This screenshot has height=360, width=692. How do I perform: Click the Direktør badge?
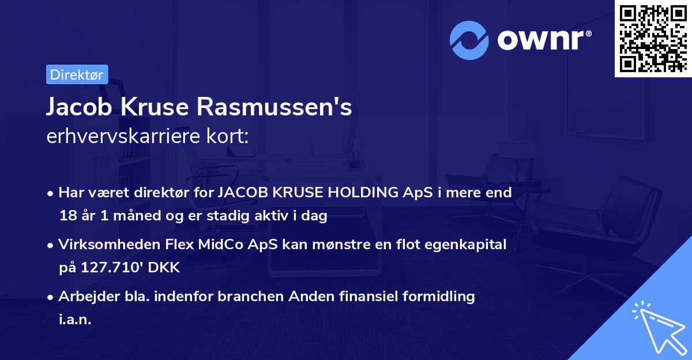point(77,74)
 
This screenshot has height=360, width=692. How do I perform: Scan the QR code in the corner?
point(652,39)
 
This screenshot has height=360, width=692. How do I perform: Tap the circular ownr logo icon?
point(469,40)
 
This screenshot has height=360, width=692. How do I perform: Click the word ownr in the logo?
point(542,40)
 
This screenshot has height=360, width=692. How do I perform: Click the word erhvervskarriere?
point(121,137)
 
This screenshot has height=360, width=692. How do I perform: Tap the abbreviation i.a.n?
point(75,320)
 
